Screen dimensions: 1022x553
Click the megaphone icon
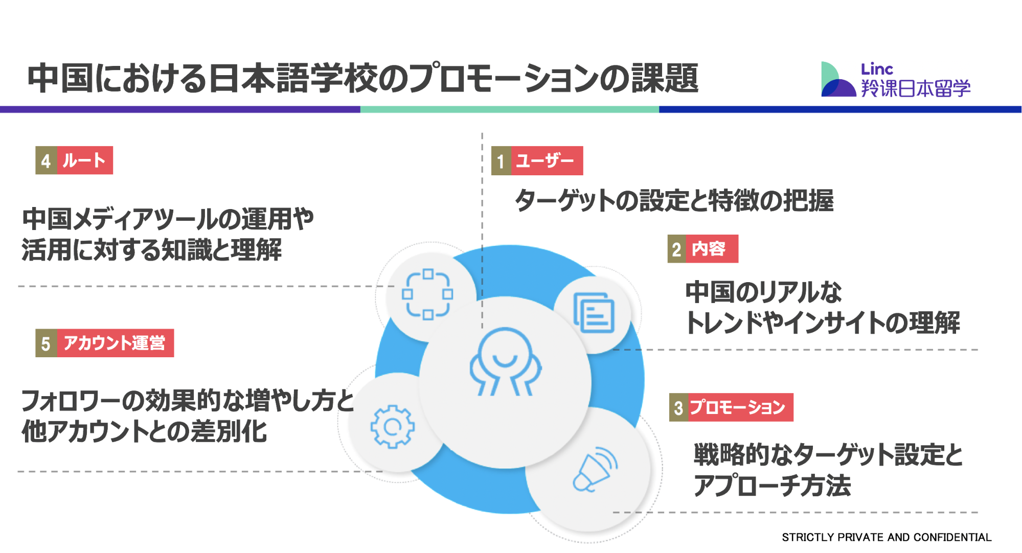595,469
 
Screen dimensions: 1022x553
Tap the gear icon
392,426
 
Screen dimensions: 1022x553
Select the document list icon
594,312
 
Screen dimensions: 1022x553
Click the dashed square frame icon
427,294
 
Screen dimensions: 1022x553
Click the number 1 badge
501,161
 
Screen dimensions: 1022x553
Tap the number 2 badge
677,249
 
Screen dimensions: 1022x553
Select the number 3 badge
679,407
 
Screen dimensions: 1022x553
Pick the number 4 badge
46,160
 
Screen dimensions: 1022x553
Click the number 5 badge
46,343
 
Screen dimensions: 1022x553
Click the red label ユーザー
547,161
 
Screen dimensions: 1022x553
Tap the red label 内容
712,249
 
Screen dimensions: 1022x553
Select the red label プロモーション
741,407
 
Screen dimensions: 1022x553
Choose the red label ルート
85,160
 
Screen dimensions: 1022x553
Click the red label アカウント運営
115,343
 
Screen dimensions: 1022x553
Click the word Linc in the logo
877,69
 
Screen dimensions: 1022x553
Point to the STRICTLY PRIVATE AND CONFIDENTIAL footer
887,537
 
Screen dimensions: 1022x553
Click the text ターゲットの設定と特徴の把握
674,200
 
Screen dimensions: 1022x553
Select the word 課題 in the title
665,78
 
